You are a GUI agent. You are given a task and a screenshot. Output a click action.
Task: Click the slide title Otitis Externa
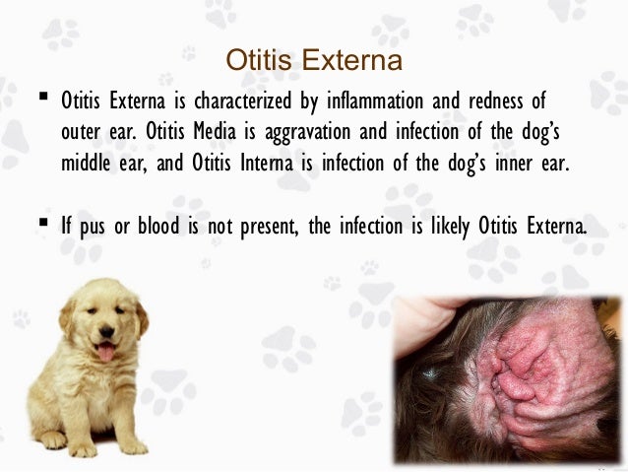coord(314,61)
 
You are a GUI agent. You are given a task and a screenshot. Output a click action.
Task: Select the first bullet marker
coord(44,99)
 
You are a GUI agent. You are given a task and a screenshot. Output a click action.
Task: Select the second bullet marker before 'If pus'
coord(44,225)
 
